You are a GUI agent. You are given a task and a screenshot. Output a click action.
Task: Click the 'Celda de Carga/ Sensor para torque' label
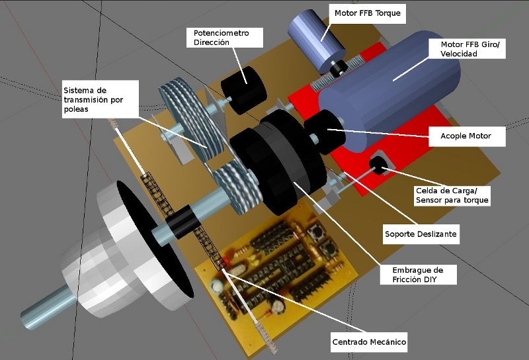(452, 195)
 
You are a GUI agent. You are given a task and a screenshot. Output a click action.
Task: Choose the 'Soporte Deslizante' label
(421, 234)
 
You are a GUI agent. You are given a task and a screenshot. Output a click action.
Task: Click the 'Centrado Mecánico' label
(368, 342)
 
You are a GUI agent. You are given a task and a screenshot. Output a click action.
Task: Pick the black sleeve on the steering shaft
(179, 221)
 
